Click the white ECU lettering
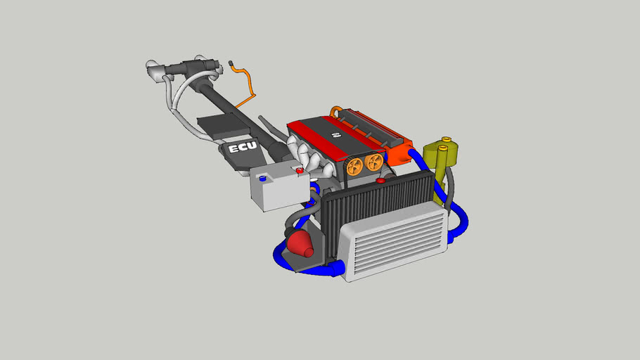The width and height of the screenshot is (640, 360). (243, 149)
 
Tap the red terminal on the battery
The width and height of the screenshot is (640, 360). (300, 170)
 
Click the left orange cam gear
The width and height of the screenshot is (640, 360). (354, 166)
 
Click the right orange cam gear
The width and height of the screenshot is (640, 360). (375, 162)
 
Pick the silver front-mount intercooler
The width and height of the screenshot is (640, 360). (394, 242)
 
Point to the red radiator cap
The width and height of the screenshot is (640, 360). (380, 181)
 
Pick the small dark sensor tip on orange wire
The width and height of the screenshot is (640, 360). (231, 64)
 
